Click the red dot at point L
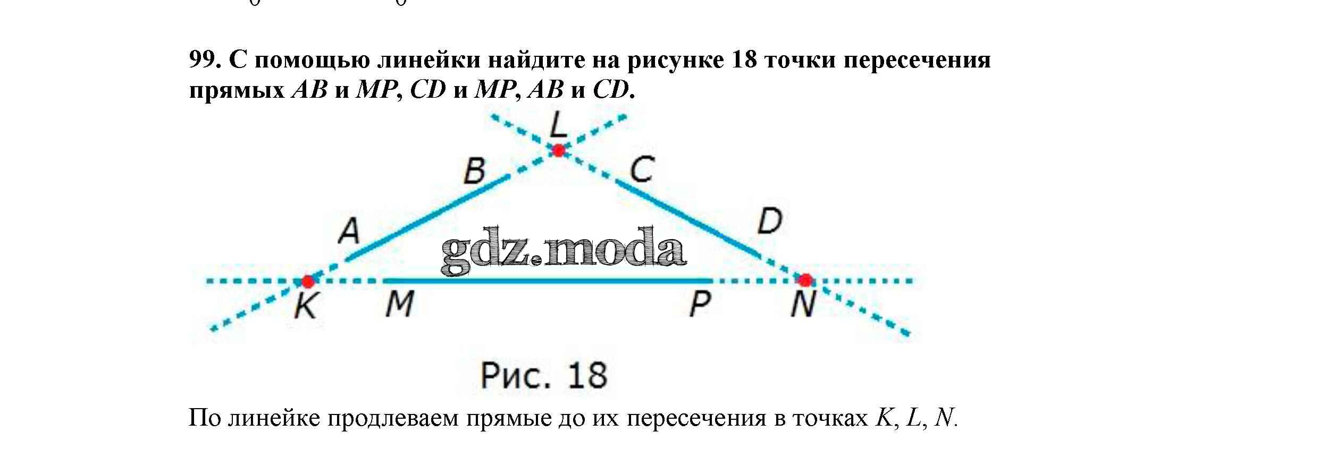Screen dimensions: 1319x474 558,150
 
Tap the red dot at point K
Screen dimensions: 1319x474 307,281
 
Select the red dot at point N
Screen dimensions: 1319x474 805,280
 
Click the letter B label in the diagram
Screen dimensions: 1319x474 475,172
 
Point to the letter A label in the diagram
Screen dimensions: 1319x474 349,232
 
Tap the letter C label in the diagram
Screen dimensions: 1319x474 642,170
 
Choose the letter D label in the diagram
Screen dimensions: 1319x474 769,222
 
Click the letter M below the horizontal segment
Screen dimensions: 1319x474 399,305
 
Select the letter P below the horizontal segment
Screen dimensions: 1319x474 700,305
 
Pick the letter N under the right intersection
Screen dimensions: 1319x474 803,305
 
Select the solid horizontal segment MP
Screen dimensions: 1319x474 548,280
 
